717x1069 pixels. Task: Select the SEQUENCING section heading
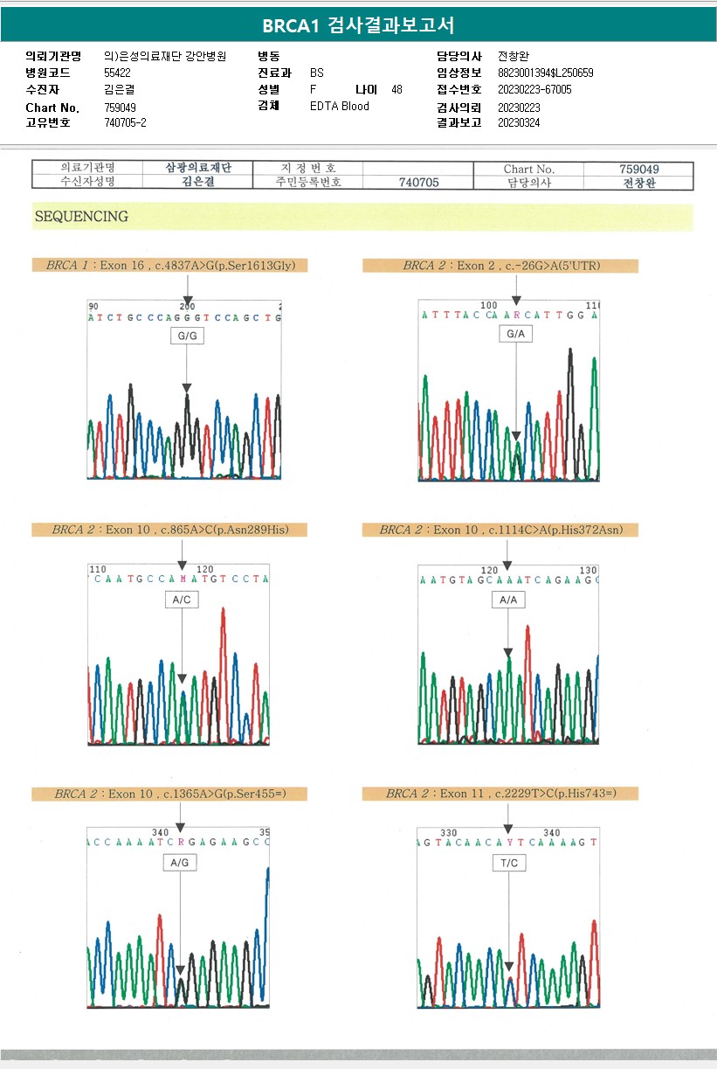pos(81,217)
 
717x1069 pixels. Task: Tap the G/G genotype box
pos(185,336)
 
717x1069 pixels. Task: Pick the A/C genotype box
pos(182,600)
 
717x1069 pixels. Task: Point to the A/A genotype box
pos(508,600)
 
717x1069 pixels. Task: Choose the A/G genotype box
pos(179,863)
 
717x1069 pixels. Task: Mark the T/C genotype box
pos(509,863)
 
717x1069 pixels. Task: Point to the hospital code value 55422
pos(117,73)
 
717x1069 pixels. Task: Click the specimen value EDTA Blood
pos(340,107)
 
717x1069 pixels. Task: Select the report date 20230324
pos(519,123)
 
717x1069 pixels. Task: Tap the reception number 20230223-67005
pos(534,90)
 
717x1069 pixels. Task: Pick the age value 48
pos(397,90)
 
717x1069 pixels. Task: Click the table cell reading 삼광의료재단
pos(198,169)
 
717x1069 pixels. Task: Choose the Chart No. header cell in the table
pos(529,169)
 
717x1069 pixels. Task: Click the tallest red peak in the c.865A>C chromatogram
pos(224,612)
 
